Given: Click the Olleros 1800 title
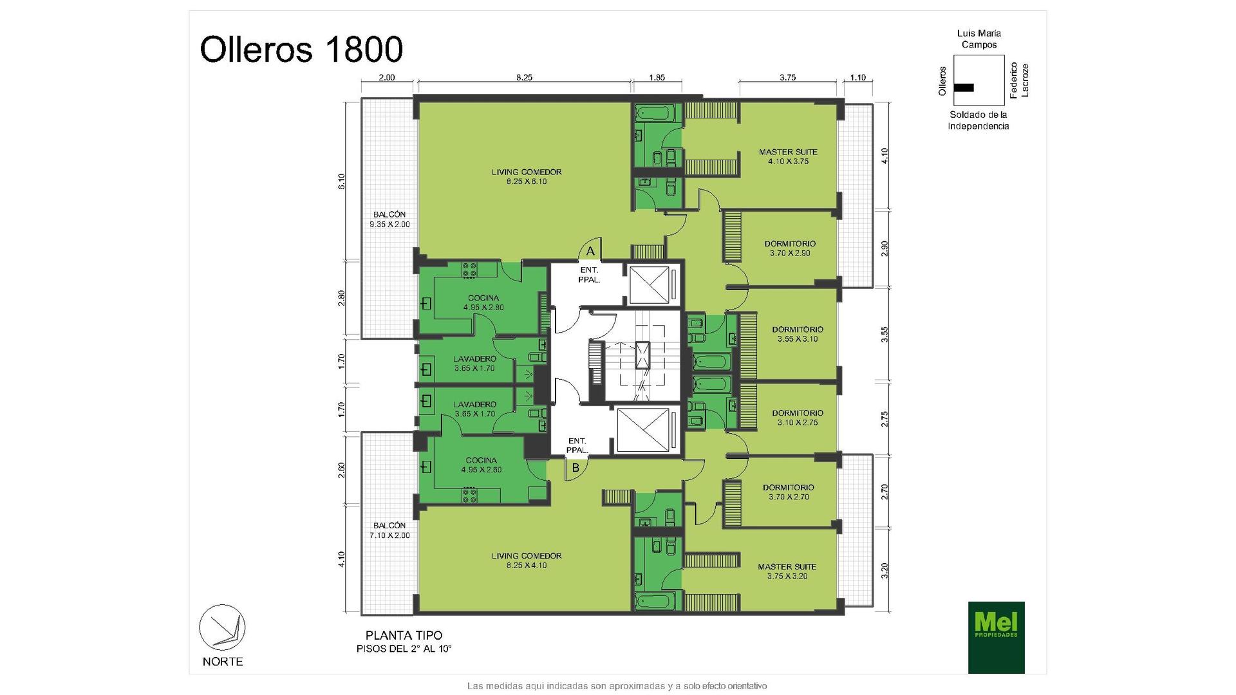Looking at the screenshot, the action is click(301, 49).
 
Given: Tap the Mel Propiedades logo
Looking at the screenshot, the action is click(996, 637).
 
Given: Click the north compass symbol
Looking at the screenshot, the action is click(222, 627).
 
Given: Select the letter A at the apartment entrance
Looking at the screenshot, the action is click(590, 252).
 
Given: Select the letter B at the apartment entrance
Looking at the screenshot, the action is click(576, 468).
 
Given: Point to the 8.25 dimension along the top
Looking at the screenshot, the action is click(524, 78).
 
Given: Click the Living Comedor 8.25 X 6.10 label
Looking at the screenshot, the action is click(527, 177).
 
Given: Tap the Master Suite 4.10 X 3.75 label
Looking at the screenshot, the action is click(788, 156).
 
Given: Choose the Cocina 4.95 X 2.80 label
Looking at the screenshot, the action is click(483, 302).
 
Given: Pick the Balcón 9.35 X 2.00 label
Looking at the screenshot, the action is click(389, 219).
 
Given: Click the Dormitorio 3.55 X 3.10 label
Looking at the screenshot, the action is click(798, 334).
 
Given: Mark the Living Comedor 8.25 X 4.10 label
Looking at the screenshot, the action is click(527, 561).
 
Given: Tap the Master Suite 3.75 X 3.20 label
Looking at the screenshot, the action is click(787, 571).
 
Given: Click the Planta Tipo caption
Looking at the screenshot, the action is click(404, 636).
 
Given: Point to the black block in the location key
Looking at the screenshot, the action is click(964, 88).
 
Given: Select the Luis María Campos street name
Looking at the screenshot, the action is click(979, 39).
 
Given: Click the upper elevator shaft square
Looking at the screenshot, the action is click(649, 284).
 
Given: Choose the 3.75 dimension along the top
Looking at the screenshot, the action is click(788, 78).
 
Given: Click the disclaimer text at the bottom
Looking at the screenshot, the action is click(617, 686).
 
